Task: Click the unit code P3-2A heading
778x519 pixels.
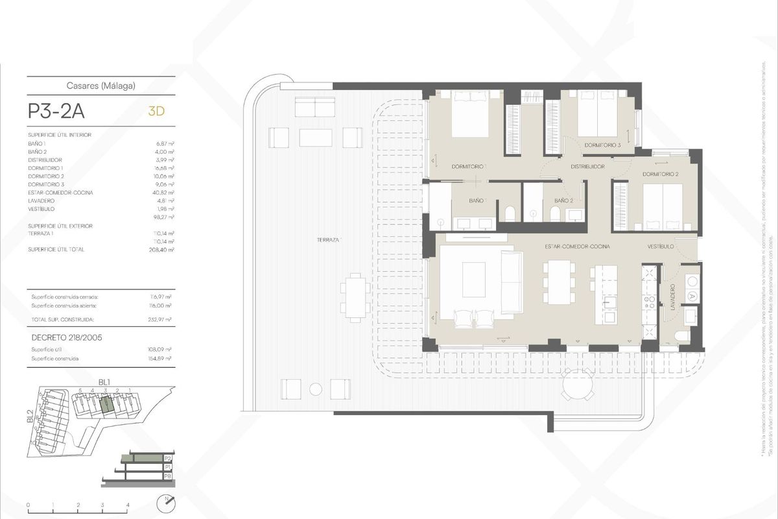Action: tap(56, 111)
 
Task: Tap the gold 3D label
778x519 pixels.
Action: tap(156, 111)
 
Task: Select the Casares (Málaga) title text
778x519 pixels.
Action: tap(100, 84)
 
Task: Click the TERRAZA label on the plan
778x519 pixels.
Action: tap(329, 239)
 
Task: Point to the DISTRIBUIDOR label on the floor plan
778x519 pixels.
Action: tap(587, 167)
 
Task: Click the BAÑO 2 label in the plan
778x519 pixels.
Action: tap(563, 201)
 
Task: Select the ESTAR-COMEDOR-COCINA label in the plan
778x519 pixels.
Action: tap(576, 247)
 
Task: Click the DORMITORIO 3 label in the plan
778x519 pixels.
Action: tap(602, 145)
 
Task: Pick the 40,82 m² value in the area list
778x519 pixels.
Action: tap(161, 193)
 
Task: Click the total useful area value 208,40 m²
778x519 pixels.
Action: tap(161, 249)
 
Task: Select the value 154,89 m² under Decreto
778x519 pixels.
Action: tap(160, 358)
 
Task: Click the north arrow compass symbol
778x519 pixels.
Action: tap(167, 503)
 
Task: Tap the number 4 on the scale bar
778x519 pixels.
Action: tap(128, 504)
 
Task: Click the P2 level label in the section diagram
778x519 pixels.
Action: tap(167, 459)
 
